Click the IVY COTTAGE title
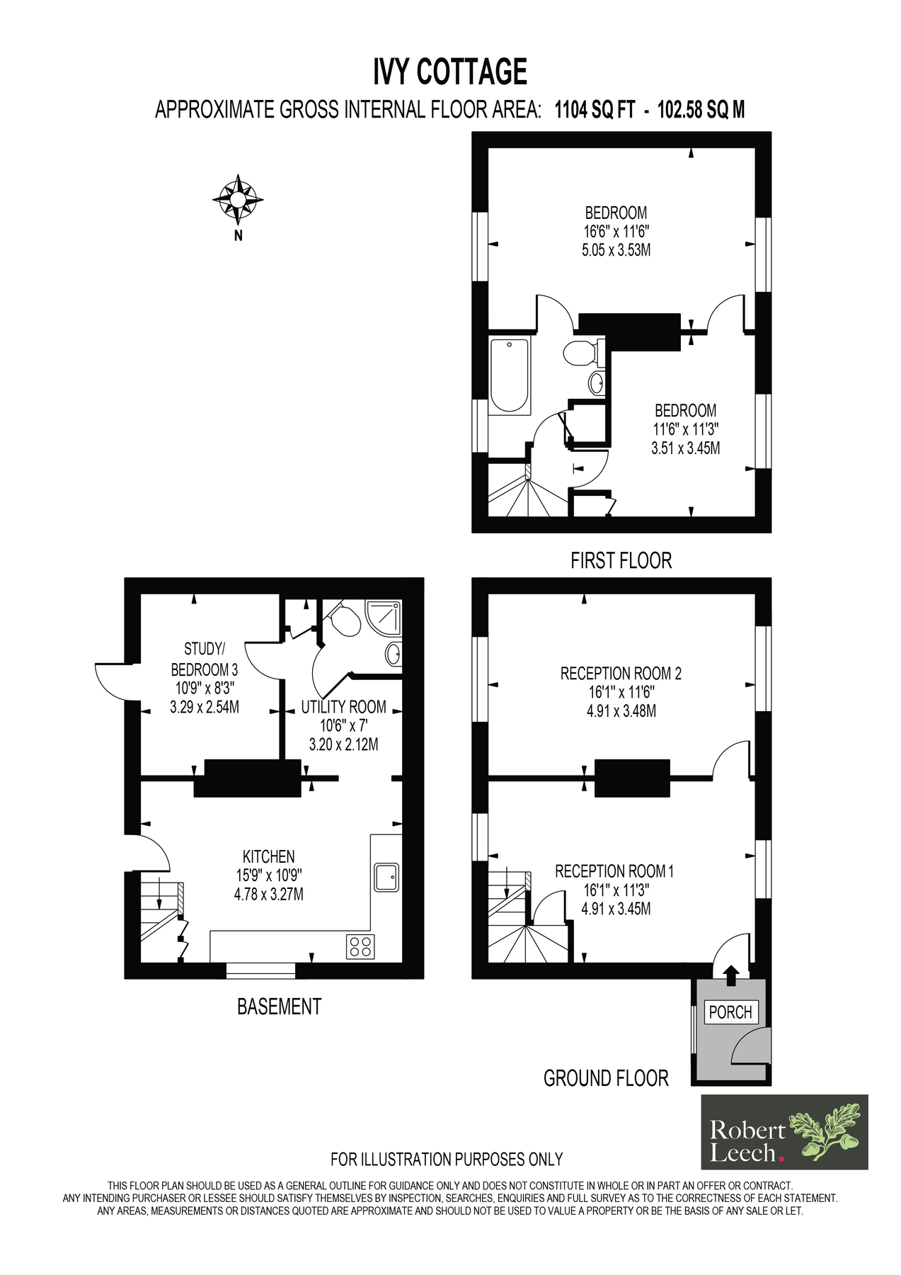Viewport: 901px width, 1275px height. [x=450, y=72]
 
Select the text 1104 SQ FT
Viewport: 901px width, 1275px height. [x=595, y=110]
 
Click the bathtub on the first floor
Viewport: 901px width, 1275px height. [x=510, y=375]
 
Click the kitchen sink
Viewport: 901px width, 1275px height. [x=386, y=877]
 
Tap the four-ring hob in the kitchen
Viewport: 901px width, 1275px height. [x=360, y=946]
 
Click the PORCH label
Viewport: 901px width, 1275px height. [x=730, y=1012]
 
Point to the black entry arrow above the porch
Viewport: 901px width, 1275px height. [x=731, y=975]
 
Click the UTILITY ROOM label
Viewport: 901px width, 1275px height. [x=343, y=707]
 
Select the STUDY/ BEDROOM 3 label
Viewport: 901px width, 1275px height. [x=205, y=659]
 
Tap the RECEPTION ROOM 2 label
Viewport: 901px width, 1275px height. [x=621, y=674]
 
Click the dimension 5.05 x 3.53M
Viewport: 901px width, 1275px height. [x=616, y=250]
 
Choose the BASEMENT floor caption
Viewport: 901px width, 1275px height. [x=279, y=1007]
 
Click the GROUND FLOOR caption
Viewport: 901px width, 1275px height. [x=606, y=1078]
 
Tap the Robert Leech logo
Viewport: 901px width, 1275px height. [x=784, y=1132]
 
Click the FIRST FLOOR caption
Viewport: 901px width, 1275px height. [x=621, y=560]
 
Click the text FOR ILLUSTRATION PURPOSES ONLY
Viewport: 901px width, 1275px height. [x=447, y=1160]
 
